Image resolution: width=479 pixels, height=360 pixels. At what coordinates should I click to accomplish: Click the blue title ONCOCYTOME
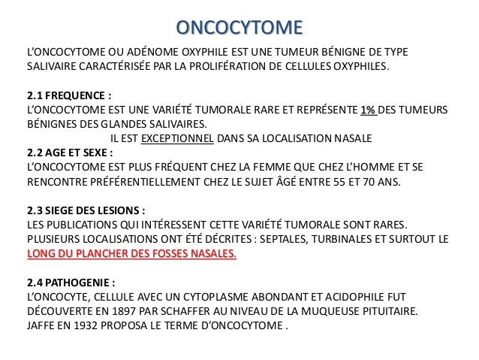239,28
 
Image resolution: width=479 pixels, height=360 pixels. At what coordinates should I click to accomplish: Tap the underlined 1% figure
369,110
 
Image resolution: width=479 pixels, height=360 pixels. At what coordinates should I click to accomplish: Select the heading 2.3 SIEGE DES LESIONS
86,210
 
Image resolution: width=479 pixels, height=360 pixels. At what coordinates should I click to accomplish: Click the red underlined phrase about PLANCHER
131,253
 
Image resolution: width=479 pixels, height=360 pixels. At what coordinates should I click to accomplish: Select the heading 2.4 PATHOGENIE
71,282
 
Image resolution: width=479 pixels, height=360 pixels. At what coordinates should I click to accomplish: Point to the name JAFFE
43,325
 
